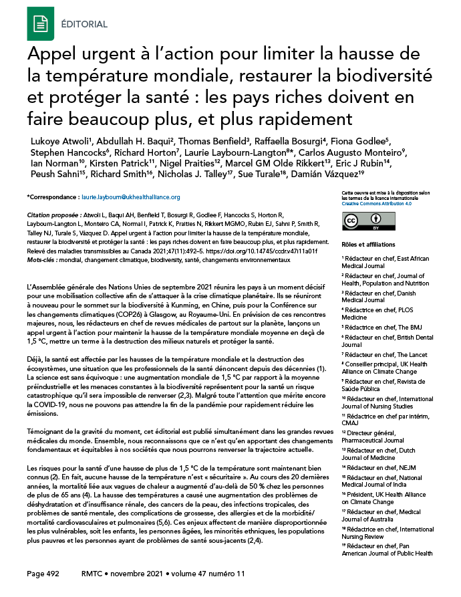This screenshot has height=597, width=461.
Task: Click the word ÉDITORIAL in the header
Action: (x=86, y=23)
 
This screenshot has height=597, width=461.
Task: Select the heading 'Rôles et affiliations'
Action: (x=367, y=245)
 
